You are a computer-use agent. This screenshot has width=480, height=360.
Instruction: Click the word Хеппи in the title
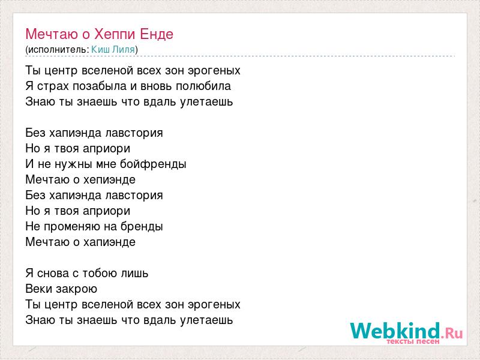pos(115,34)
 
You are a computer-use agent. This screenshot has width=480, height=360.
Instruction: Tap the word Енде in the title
pos(157,34)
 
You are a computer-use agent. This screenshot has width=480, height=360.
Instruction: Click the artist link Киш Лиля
pos(113,49)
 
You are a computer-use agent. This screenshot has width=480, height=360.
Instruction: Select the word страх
pos(53,86)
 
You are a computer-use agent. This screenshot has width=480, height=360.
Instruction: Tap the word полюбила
pos(203,86)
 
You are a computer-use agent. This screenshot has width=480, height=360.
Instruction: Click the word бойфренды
pos(153,164)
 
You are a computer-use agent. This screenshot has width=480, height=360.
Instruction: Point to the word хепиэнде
pos(109,179)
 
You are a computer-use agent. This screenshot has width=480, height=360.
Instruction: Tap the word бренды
pos(142,227)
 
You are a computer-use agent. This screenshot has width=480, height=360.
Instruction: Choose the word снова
pos(53,274)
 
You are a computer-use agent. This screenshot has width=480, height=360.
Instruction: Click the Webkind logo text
pos(395,331)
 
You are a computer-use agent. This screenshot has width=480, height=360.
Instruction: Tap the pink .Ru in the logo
pos(452,333)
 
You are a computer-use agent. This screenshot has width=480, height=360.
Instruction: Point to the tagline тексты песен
pos(413,341)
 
